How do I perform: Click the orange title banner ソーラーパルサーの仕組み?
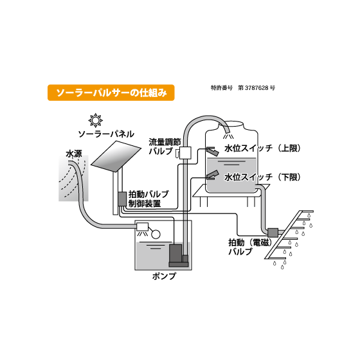click(x=111, y=93)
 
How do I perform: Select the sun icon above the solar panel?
click(x=96, y=120)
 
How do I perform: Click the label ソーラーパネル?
click(x=106, y=134)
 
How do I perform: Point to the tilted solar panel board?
click(x=118, y=158)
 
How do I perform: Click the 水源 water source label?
click(x=74, y=154)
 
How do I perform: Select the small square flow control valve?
click(x=186, y=152)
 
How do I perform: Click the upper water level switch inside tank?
click(x=212, y=152)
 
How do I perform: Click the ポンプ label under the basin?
click(x=164, y=278)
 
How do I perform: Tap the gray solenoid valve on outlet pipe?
click(x=272, y=231)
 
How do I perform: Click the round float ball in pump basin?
click(x=156, y=235)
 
